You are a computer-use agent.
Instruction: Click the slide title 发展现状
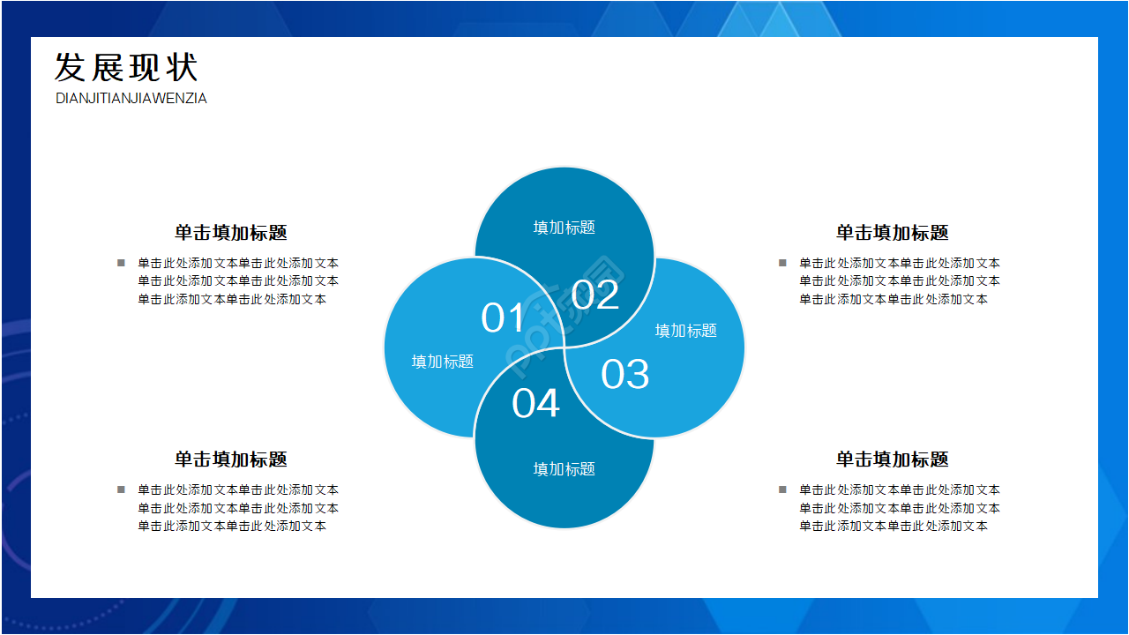point(126,67)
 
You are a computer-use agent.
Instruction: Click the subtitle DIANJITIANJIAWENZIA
point(131,98)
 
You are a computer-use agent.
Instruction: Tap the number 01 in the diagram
point(503,317)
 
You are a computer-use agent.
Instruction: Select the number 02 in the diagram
point(595,295)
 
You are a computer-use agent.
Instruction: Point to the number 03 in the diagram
point(625,374)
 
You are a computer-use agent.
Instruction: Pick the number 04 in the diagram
point(535,403)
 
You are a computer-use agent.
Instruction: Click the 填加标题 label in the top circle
point(564,228)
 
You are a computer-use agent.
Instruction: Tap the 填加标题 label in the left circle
point(443,362)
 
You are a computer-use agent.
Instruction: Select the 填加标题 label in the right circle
point(686,331)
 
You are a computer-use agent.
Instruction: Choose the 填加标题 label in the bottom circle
point(564,469)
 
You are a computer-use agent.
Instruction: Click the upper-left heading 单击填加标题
point(231,233)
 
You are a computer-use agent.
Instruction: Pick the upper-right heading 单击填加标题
point(892,233)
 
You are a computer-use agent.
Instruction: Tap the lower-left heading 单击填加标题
point(231,459)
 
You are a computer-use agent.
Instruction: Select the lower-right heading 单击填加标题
point(892,459)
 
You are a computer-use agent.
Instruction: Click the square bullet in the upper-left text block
point(121,263)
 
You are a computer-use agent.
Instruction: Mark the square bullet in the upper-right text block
point(782,263)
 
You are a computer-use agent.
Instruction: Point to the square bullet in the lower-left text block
point(121,489)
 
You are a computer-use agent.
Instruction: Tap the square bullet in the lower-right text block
point(782,489)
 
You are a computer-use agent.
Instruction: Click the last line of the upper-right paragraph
point(893,299)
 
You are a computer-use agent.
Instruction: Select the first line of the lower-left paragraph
point(238,489)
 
